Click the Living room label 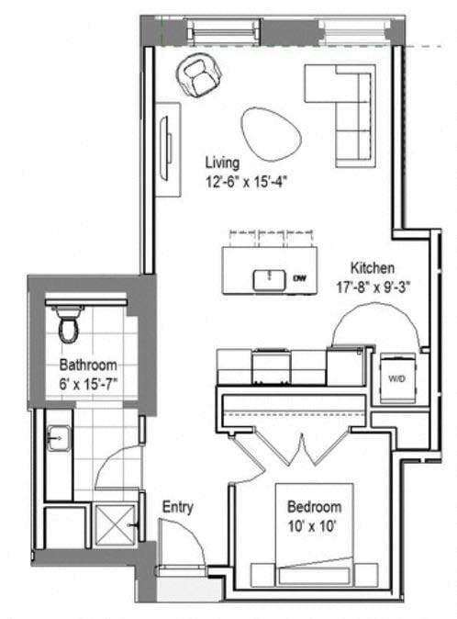coord(222,163)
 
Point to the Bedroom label coord(314,507)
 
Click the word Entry coord(177,506)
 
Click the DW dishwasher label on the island coord(299,277)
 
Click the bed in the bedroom coord(315,551)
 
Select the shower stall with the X coord(116,527)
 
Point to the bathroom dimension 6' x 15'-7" coord(88,380)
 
